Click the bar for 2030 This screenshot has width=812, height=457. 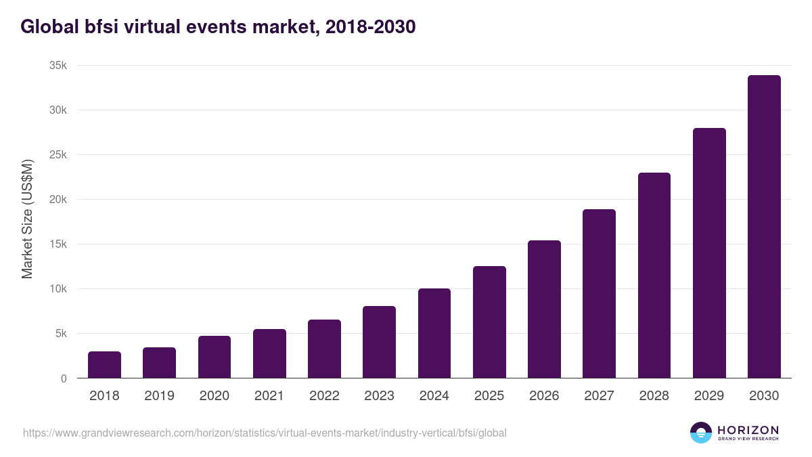[764, 227]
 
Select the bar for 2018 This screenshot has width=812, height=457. [104, 365]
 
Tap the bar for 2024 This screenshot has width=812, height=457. [434, 333]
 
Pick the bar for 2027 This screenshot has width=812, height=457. [599, 294]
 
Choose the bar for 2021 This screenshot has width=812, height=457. [269, 353]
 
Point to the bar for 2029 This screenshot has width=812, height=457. [709, 253]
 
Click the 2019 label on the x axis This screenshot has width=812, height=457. [159, 396]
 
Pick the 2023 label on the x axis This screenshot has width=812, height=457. [379, 396]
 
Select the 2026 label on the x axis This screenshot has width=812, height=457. [544, 396]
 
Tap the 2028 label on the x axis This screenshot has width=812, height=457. [654, 396]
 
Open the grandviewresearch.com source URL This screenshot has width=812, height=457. [265, 433]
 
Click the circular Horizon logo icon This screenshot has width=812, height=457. [701, 433]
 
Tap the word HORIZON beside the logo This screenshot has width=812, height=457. [748, 430]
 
